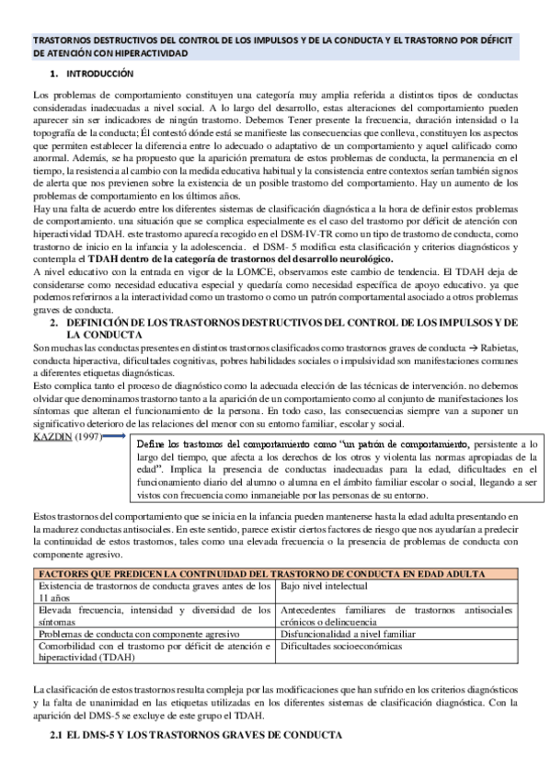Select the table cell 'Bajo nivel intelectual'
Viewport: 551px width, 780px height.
point(324,586)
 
